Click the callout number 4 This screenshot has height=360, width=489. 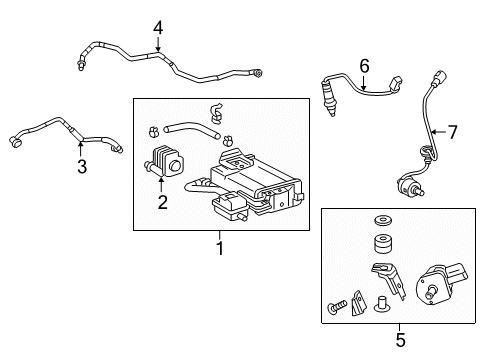tap(158, 28)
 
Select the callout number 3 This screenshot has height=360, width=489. tap(82, 166)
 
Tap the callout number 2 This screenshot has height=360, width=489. tap(162, 202)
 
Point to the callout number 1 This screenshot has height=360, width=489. tap(220, 248)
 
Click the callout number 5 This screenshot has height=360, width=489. tap(400, 340)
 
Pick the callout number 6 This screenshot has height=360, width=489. tap(364, 66)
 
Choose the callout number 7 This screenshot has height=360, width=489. tap(452, 132)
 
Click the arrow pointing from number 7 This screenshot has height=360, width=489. tap(438, 132)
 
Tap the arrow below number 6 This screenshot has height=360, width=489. tap(363, 83)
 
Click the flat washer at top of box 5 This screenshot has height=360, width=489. tap(383, 220)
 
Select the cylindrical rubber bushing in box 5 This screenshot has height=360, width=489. tap(383, 244)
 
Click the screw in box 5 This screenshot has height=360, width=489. tap(337, 307)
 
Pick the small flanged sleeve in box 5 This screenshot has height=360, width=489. tap(380, 304)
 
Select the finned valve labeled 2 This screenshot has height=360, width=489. tap(164, 162)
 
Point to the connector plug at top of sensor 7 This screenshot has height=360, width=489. tap(441, 78)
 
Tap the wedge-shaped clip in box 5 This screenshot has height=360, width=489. tap(359, 304)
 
